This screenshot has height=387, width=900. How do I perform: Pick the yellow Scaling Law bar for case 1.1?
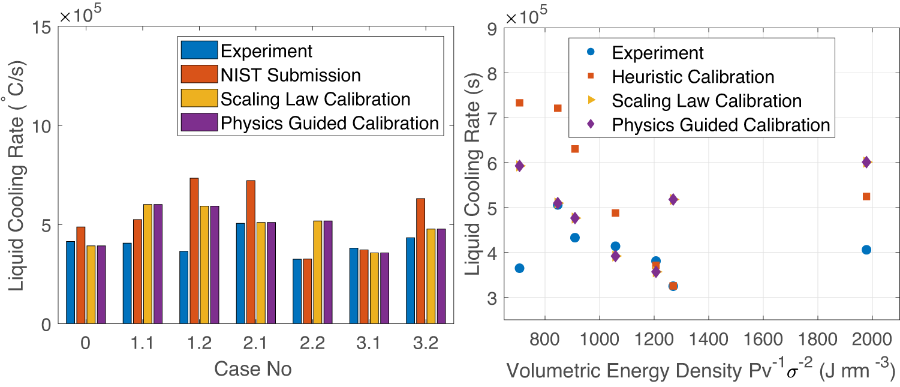148,263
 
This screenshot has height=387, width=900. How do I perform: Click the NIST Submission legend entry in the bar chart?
291,75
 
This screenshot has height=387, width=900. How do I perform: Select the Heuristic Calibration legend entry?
693,77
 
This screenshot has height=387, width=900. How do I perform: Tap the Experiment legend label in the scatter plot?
658,53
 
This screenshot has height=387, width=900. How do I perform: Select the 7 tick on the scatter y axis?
492,118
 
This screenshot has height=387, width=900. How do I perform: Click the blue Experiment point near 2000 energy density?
866,250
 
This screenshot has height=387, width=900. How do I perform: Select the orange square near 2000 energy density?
866,196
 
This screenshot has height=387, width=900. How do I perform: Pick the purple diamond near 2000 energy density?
866,162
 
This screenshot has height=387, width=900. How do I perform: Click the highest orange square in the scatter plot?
519,103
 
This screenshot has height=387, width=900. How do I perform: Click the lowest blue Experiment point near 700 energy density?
519,268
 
